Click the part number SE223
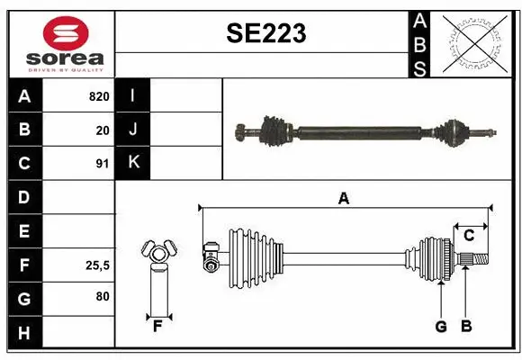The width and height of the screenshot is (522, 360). [x=266, y=34]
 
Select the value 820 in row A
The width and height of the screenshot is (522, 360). [x=98, y=96]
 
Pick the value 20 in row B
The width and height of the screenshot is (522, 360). [x=102, y=130]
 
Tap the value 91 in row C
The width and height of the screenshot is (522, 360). [x=102, y=164]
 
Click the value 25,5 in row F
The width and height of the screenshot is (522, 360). [x=97, y=265]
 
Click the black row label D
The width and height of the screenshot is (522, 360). [x=24, y=197]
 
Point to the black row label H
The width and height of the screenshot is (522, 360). [x=24, y=333]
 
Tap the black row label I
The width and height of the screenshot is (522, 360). [x=133, y=96]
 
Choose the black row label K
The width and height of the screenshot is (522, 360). [x=133, y=163]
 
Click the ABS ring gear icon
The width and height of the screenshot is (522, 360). [x=474, y=44]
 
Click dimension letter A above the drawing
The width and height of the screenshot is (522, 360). [x=343, y=199]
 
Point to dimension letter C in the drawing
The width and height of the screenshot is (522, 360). [x=469, y=236]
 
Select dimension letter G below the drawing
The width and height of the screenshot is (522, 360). [x=441, y=327]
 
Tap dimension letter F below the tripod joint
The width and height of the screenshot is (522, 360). [x=157, y=327]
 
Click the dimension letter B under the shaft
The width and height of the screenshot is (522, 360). [x=465, y=327]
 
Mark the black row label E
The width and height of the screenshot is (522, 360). [x=24, y=231]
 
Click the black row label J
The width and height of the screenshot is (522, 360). [x=133, y=130]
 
